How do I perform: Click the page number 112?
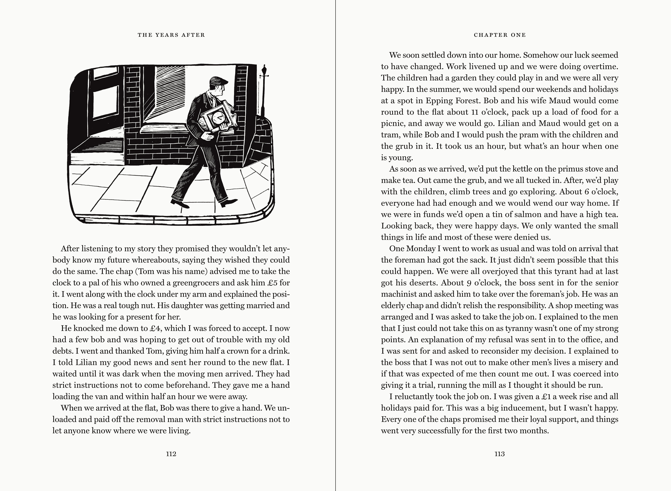coord(171,454)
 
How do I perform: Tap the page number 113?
coord(500,454)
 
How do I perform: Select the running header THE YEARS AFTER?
coord(171,35)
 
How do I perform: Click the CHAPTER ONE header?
coord(500,35)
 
